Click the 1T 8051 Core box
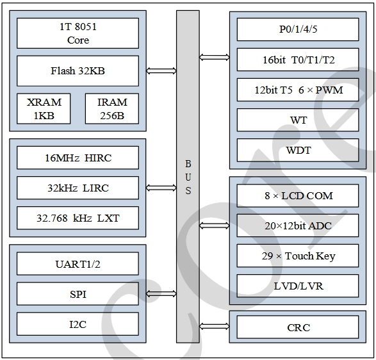point(78,33)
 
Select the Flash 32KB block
point(78,70)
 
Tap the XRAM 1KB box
point(44,109)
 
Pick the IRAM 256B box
point(112,109)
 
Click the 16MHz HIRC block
point(78,158)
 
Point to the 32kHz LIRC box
point(78,188)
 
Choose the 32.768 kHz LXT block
point(78,218)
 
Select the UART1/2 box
point(78,263)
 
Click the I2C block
point(78,324)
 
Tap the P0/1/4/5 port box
point(298,29)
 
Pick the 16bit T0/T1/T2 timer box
point(298,60)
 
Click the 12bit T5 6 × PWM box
point(298,90)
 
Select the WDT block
point(298,150)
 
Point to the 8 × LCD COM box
point(298,196)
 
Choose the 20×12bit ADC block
point(298,225)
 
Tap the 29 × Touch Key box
point(298,256)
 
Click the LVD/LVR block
point(298,286)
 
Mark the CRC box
point(298,327)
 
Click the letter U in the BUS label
point(188,177)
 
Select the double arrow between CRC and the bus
point(215,326)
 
